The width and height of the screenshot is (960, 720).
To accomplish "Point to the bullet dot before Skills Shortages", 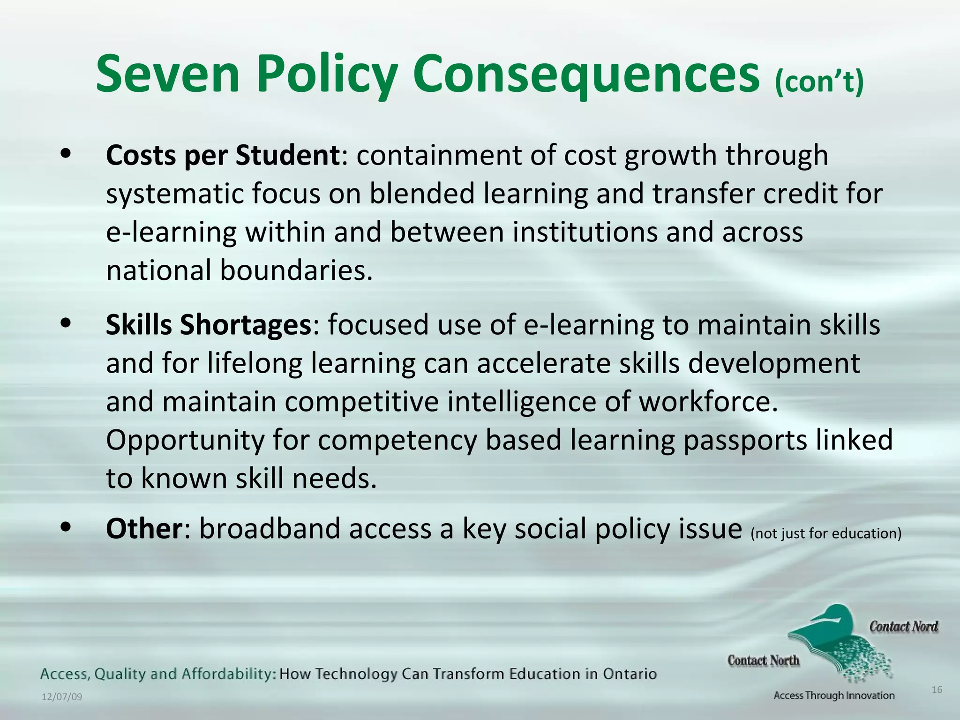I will click(66, 323).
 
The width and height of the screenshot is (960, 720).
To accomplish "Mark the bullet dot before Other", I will click(66, 527).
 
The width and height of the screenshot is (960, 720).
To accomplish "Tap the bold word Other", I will click(143, 529).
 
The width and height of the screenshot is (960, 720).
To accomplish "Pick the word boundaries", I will click(296, 270).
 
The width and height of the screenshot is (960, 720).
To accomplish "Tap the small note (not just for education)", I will click(826, 533).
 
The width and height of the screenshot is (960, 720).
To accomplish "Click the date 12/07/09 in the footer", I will click(62, 697).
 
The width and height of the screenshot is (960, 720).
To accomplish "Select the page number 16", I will click(937, 690).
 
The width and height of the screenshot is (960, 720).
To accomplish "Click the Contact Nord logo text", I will click(903, 627).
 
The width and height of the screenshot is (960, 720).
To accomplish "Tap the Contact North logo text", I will click(763, 660).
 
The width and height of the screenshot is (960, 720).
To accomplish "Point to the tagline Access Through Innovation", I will click(833, 696).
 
